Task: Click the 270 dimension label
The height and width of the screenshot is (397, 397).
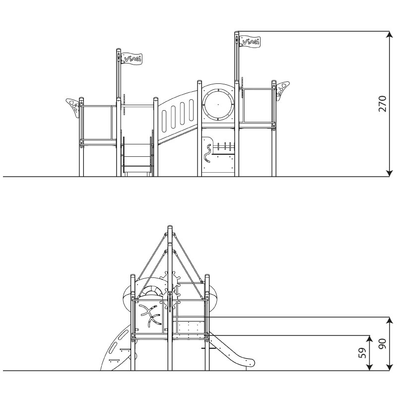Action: tap(383, 104)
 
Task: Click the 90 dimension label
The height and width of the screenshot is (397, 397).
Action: tap(383, 343)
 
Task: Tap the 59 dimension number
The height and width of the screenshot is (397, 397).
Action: tap(363, 353)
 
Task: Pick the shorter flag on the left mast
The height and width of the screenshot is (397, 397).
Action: tap(132, 59)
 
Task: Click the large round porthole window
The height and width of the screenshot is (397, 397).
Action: tap(218, 104)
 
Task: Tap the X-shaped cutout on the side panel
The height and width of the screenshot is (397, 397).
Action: tap(150, 315)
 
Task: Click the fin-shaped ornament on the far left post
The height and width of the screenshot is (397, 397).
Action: tap(73, 107)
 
